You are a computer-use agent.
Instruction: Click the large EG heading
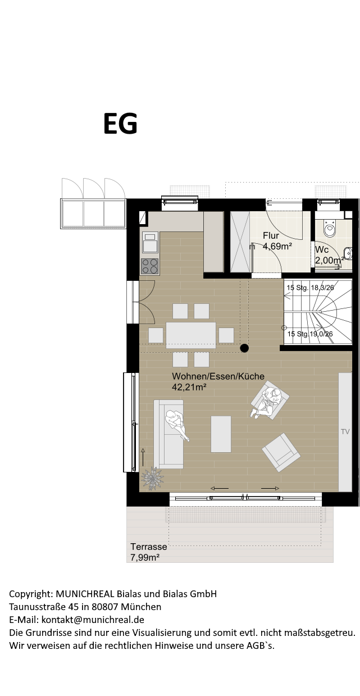coord(120,124)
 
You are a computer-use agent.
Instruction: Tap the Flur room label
coord(271,235)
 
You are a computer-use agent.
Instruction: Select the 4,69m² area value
coord(277,247)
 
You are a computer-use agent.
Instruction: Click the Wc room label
coord(322,249)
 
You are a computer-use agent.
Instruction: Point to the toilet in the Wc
coord(330,229)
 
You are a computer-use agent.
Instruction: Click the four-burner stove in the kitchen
coord(150,267)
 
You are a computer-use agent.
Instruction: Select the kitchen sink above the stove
coord(151,243)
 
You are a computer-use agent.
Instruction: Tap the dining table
coord(191,335)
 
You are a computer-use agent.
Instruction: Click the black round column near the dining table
coord(244,348)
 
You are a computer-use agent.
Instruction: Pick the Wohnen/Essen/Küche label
coord(218,376)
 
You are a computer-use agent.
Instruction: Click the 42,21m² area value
coord(189,387)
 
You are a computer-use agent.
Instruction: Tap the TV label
coord(345,431)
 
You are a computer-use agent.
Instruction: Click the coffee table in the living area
coord(221,434)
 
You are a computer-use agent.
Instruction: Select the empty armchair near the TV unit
coord(281,452)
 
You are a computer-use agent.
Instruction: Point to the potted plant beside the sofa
coord(152,479)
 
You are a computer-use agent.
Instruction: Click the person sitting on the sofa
coord(177,424)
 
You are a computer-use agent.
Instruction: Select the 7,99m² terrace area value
coord(145,557)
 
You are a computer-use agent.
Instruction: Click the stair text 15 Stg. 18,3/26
coord(310,288)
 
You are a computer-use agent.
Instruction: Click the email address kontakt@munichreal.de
coord(93,620)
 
